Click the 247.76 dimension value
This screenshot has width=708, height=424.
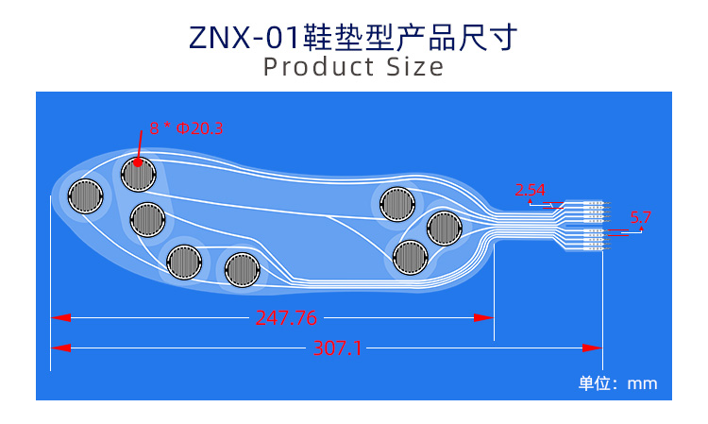pyautogui.click(x=286, y=318)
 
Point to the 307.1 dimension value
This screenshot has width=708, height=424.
pyautogui.click(x=337, y=348)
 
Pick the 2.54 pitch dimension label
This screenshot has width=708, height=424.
pyautogui.click(x=530, y=191)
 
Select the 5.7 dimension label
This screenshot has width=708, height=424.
pyautogui.click(x=641, y=217)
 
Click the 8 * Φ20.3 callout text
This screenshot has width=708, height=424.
pyautogui.click(x=186, y=128)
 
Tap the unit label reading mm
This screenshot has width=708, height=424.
pyautogui.click(x=642, y=383)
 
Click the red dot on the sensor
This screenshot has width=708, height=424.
pyautogui.click(x=138, y=161)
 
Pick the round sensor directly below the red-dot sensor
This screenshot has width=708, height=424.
pyautogui.click(x=147, y=219)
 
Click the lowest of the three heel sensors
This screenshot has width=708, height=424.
pyautogui.click(x=410, y=257)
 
